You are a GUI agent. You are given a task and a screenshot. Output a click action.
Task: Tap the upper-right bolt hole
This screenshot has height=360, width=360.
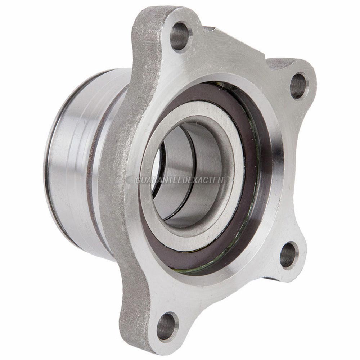click(x=298, y=85)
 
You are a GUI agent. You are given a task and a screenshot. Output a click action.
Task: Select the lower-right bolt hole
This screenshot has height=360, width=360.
click(x=289, y=255)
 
